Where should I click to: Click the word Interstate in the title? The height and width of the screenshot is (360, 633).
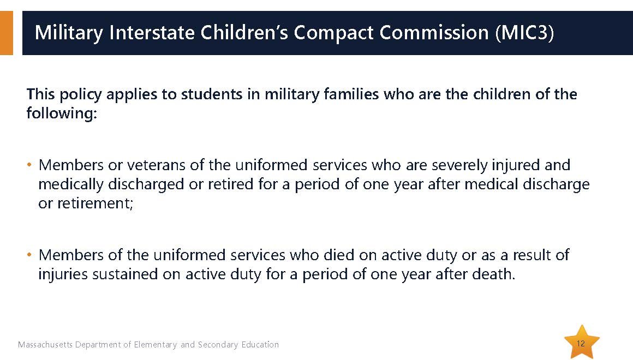coord(152,32)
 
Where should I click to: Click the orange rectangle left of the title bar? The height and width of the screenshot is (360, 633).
coord(7,33)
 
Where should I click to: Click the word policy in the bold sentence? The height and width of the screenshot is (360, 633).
coord(80,94)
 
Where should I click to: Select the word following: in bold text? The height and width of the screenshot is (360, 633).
coord(62,113)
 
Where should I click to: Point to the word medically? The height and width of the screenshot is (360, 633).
coord(71,184)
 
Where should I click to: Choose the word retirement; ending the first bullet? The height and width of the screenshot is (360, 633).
coord(95,203)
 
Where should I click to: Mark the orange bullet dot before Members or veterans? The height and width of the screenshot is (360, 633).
coord(29,165)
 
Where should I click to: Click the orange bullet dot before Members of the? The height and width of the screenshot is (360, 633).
coord(29,255)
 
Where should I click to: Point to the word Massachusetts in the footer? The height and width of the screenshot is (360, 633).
coord(45,345)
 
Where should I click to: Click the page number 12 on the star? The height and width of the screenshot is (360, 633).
coord(581,344)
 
